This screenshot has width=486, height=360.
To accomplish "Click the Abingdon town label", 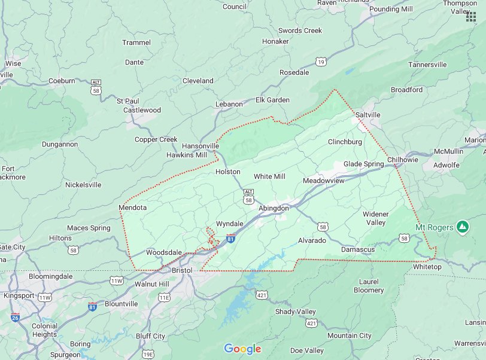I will pos(274,208).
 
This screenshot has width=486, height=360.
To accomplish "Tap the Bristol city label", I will pos(182,270).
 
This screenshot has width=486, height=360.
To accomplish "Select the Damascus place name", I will pos(358,249).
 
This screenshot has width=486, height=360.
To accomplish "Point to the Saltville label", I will pos(367,114).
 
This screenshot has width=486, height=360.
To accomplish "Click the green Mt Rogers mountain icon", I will pos(461,227).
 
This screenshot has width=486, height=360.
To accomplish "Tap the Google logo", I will pos(242,349).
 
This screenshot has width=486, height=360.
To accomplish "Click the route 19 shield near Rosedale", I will pos(322,62).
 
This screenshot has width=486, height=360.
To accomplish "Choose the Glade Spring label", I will pos(363,164).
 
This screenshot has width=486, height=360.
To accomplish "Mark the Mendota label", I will pos(132,208).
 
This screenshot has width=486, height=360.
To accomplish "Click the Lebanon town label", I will pos(229,104).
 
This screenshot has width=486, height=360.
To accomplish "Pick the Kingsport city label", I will pos(19,295).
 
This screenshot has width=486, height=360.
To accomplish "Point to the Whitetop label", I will pos(427,267).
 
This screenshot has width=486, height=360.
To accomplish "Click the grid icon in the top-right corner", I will pos(471,17).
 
